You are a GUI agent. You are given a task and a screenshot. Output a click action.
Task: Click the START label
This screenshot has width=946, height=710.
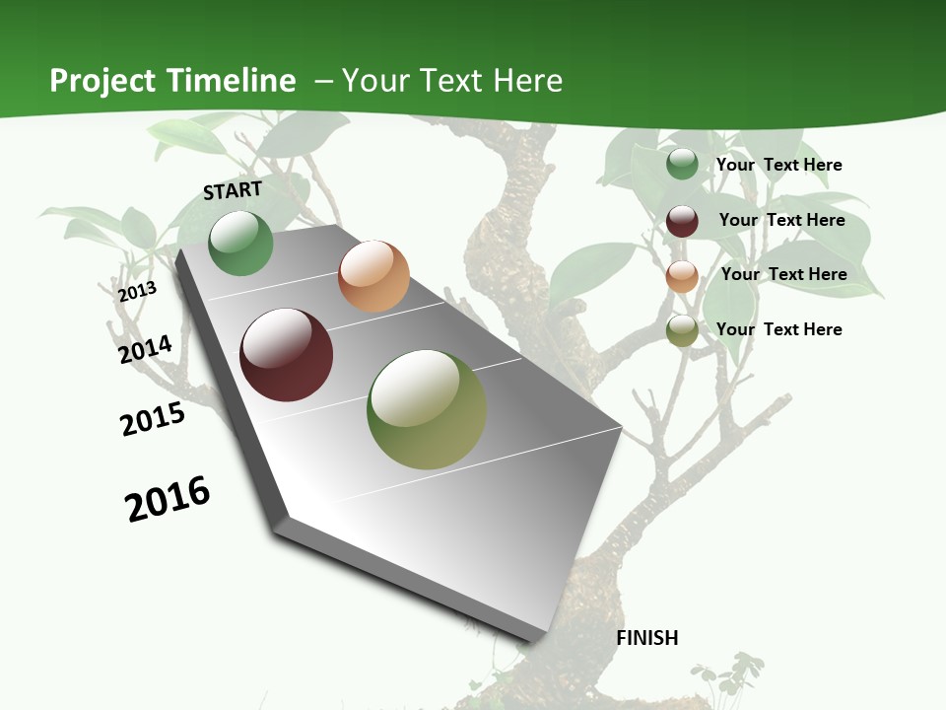tap(233, 190)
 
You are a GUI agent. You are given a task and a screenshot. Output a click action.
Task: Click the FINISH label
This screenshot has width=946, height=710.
tap(647, 638)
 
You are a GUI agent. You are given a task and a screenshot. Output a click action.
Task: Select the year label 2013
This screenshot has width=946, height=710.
tap(137, 291)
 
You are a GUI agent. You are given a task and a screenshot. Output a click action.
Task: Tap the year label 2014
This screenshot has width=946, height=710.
tap(145, 349)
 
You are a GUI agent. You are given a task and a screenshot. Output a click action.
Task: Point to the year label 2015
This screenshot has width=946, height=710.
tap(153, 419)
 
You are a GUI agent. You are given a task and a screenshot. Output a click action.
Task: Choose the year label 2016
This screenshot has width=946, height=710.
tap(168, 499)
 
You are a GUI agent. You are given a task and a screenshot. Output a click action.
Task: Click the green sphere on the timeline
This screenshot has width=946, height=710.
tap(241, 244)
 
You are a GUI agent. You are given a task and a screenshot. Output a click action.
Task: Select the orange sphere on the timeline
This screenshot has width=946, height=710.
tap(373, 276)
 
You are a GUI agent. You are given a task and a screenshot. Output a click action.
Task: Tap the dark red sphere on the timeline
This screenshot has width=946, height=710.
tap(287, 355)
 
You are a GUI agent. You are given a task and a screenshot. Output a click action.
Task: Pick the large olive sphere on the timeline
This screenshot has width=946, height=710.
tap(427, 409)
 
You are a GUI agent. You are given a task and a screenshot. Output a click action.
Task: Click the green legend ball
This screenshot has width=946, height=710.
tap(682, 165)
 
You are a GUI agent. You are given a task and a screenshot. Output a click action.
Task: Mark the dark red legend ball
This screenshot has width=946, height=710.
tap(682, 221)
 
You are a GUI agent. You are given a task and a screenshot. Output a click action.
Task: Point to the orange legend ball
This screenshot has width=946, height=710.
tap(682, 276)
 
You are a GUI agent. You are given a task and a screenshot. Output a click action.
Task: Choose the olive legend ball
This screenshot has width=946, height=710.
tap(682, 330)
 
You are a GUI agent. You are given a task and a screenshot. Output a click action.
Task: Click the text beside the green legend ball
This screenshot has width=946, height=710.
tap(778, 165)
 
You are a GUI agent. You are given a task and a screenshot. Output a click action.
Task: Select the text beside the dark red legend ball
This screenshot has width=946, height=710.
tap(781, 220)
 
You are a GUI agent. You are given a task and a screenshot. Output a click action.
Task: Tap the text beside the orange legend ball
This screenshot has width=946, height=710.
tap(783, 274)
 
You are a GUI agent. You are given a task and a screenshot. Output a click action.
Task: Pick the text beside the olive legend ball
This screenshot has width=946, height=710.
tap(778, 329)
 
